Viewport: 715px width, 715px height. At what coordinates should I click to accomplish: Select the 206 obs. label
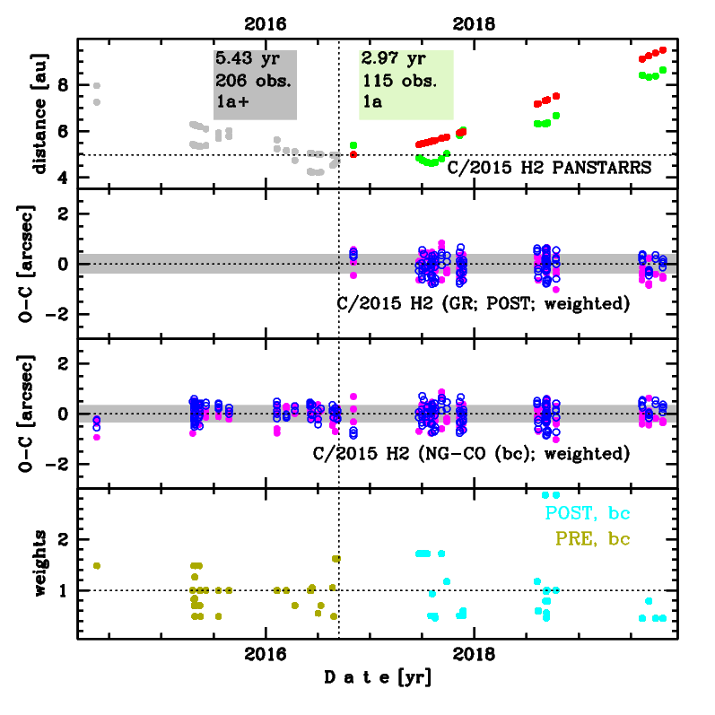[254, 81]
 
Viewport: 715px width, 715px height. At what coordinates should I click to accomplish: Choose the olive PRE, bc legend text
[593, 539]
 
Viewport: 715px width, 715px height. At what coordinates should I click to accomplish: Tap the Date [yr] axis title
[378, 679]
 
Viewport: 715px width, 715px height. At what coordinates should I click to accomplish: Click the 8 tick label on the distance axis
[63, 85]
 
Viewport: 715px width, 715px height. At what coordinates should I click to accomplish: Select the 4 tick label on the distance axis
[63, 178]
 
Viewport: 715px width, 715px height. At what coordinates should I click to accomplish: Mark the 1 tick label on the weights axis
[63, 590]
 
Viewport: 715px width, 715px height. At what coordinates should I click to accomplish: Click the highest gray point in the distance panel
[97, 86]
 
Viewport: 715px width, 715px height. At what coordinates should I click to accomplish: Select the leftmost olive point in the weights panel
[97, 565]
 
